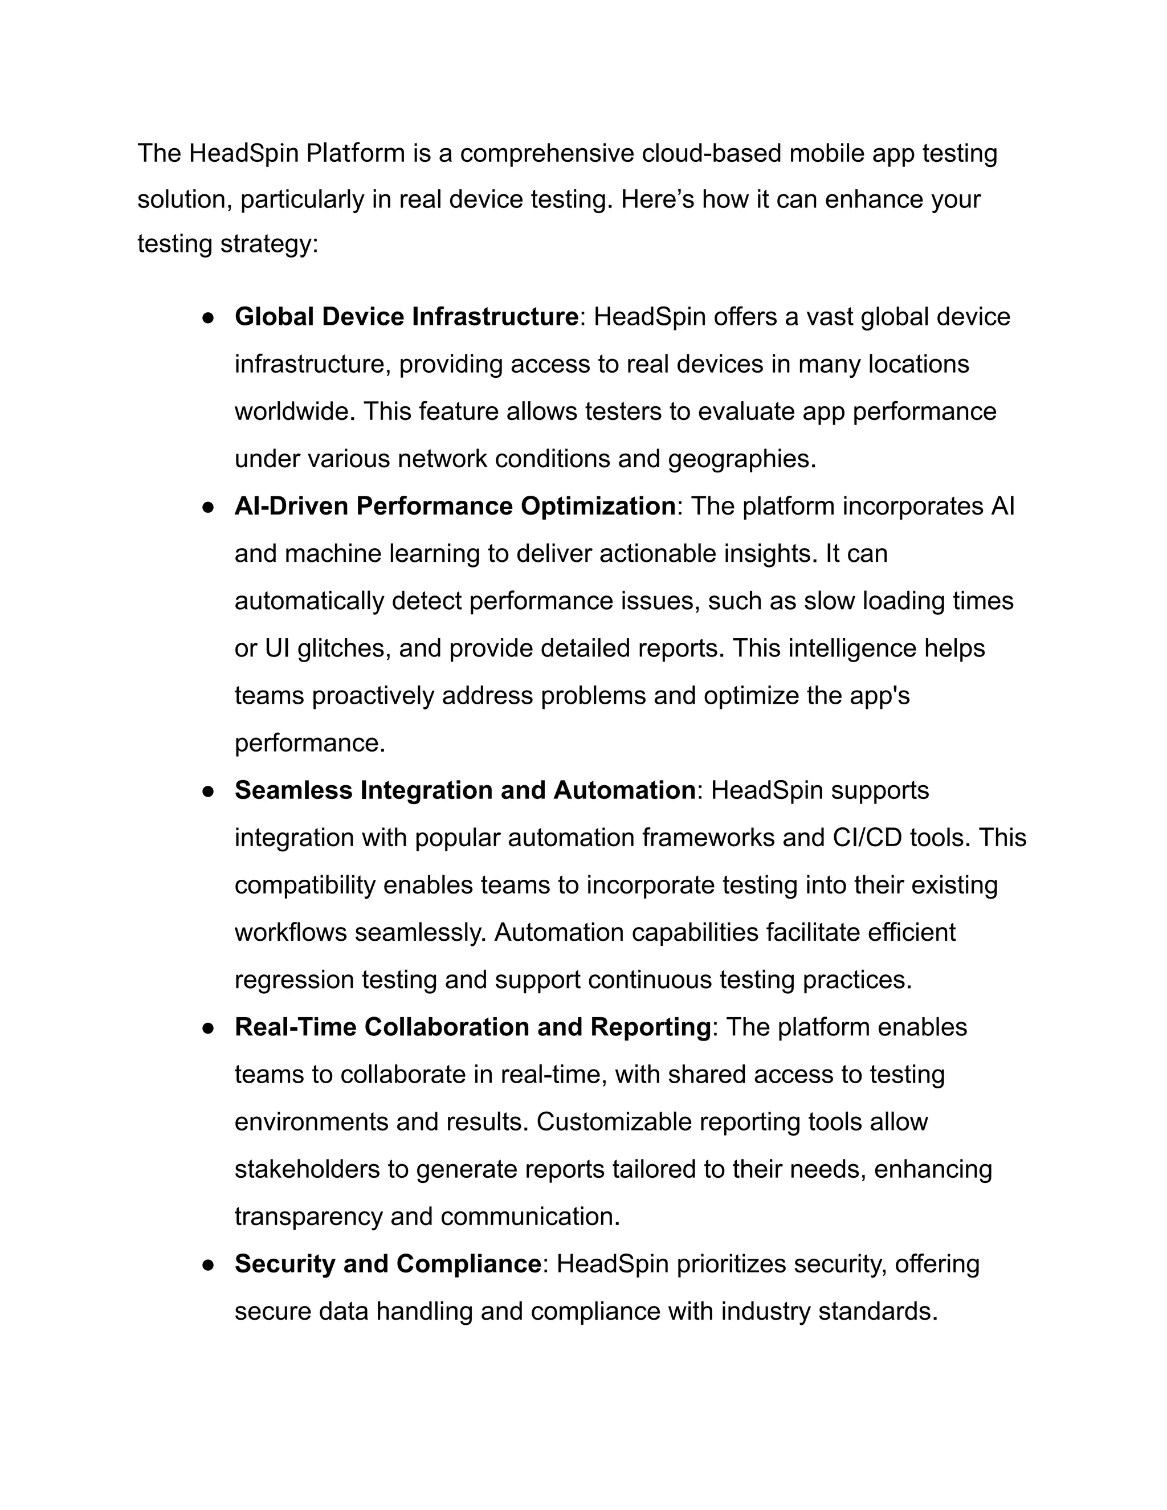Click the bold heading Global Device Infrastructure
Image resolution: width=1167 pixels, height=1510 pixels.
click(x=406, y=317)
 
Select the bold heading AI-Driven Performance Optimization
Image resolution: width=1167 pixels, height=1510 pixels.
click(x=455, y=506)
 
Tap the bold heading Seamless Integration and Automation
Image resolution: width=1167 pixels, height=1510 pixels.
click(x=464, y=790)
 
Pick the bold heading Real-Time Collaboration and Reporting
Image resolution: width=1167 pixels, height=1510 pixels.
click(x=472, y=1027)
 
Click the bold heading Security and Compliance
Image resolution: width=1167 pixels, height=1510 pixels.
click(x=387, y=1264)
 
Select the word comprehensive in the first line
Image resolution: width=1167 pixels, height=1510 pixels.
click(x=547, y=153)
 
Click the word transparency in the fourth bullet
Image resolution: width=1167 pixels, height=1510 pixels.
click(x=308, y=1217)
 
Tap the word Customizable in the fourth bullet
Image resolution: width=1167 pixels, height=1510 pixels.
click(x=614, y=1122)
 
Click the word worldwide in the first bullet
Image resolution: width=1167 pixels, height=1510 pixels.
click(x=295, y=412)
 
